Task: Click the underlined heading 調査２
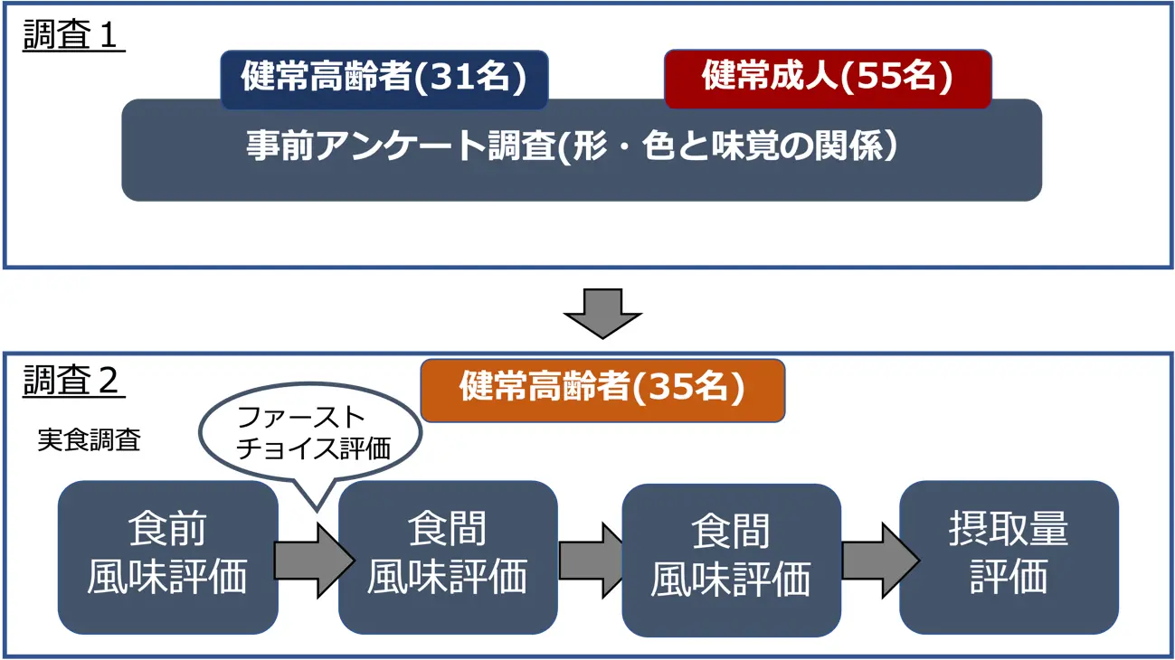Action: pos(73,382)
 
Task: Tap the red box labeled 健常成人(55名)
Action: pos(827,78)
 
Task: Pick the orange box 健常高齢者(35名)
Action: pos(602,390)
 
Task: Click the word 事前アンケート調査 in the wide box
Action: pos(399,147)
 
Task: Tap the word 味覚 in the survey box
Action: pos(757,147)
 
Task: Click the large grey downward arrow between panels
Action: pos(602,313)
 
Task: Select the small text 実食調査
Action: pos(89,440)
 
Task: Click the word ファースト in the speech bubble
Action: pos(300,418)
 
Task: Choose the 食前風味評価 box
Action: pos(167,557)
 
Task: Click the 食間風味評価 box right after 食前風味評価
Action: pos(448,557)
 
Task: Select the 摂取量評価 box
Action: pos(1009,557)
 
